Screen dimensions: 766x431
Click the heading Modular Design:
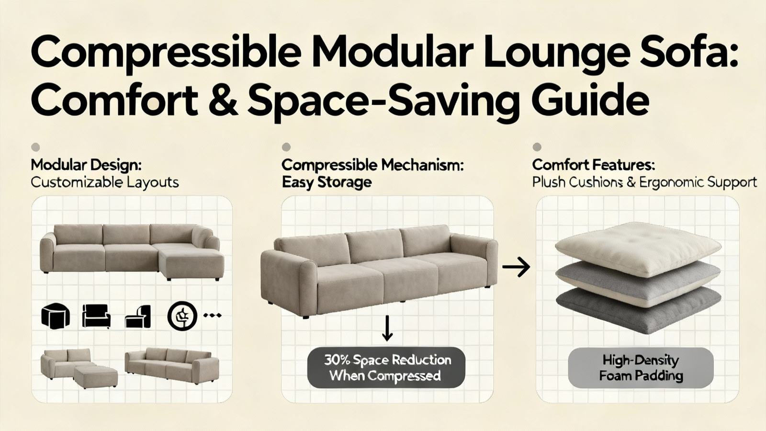coord(86,165)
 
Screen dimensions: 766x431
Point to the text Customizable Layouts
coord(105,182)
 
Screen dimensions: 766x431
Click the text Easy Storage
coord(327,182)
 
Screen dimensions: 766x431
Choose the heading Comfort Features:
coord(594,165)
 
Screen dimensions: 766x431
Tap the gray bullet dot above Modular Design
coord(35,147)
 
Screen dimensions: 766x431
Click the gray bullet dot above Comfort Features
coord(537,147)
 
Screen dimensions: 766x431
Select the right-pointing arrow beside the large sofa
coord(516,267)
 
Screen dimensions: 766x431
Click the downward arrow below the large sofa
coord(387,328)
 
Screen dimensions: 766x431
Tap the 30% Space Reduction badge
coord(386,368)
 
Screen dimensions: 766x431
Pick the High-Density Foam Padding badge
coord(641,368)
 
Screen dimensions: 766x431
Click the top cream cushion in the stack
coord(638,249)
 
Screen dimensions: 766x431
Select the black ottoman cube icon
coord(56,316)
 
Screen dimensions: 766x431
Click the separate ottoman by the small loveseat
coord(96,376)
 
